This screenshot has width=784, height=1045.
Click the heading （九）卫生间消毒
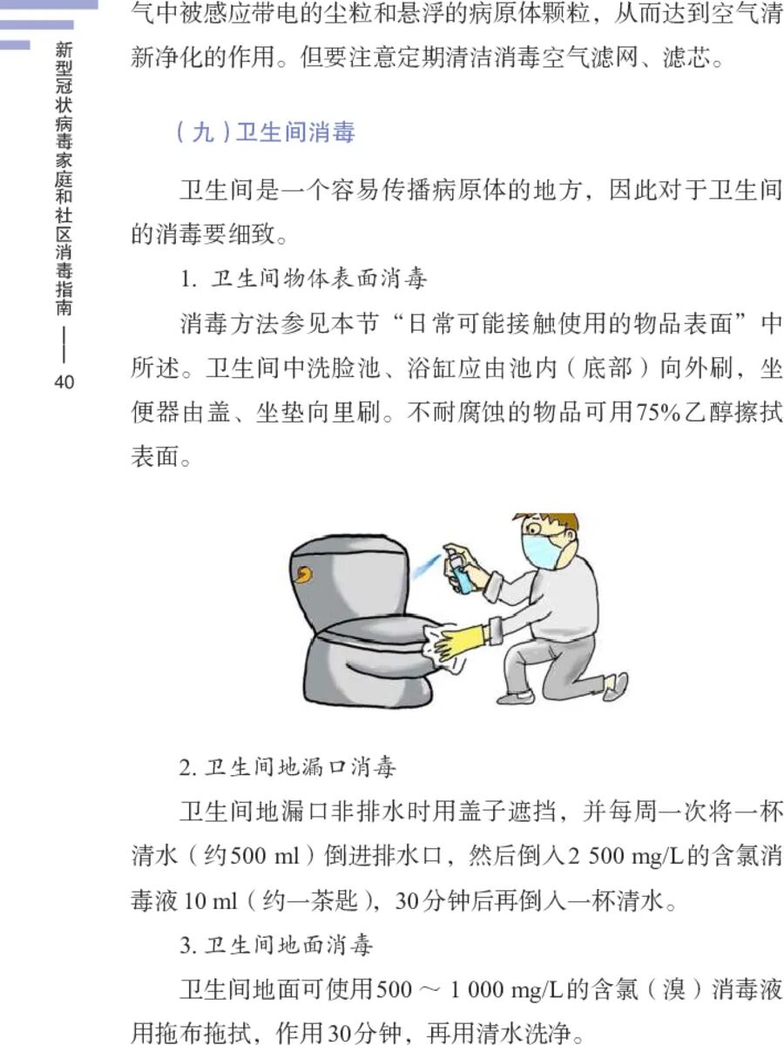[x=265, y=134]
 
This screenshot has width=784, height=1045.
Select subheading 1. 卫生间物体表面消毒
[x=304, y=280]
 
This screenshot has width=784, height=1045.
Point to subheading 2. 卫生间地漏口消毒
[x=287, y=767]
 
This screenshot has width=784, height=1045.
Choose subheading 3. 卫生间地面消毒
[x=287, y=944]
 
